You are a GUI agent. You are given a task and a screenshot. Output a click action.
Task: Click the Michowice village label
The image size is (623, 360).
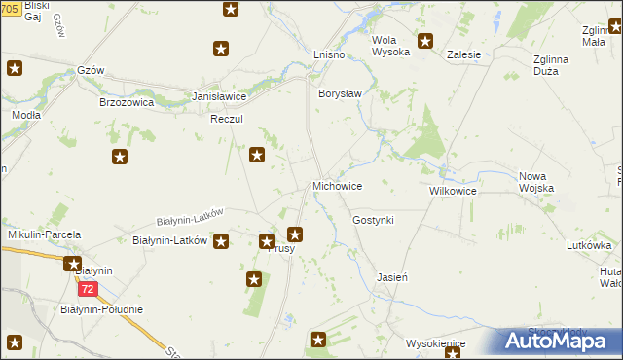(x=337, y=186)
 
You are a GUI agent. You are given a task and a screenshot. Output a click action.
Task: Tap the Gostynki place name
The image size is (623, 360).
(x=373, y=221)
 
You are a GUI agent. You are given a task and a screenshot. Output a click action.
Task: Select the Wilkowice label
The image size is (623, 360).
(x=453, y=192)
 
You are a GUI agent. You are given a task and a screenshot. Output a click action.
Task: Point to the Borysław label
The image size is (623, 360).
(x=340, y=93)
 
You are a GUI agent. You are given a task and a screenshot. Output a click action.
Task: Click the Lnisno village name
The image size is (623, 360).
(x=329, y=54)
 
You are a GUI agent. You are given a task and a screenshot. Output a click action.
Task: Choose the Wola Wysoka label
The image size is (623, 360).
(x=390, y=46)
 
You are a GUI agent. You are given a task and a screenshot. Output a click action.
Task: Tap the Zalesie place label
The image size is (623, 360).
(x=464, y=54)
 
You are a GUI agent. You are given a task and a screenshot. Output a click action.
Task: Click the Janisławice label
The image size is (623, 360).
(x=219, y=97)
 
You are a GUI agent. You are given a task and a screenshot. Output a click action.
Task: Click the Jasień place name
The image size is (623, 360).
(x=391, y=277)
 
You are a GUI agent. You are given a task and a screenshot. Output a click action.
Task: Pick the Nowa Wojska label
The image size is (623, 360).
(x=536, y=182)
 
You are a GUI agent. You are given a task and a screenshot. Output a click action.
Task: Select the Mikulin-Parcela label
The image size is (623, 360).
(x=44, y=235)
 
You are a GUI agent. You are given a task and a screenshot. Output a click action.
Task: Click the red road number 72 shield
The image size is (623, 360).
(x=89, y=290)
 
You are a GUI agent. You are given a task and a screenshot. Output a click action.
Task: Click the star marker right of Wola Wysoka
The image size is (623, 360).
(x=425, y=41)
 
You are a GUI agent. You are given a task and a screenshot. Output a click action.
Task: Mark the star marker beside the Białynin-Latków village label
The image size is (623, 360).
(x=222, y=240)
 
